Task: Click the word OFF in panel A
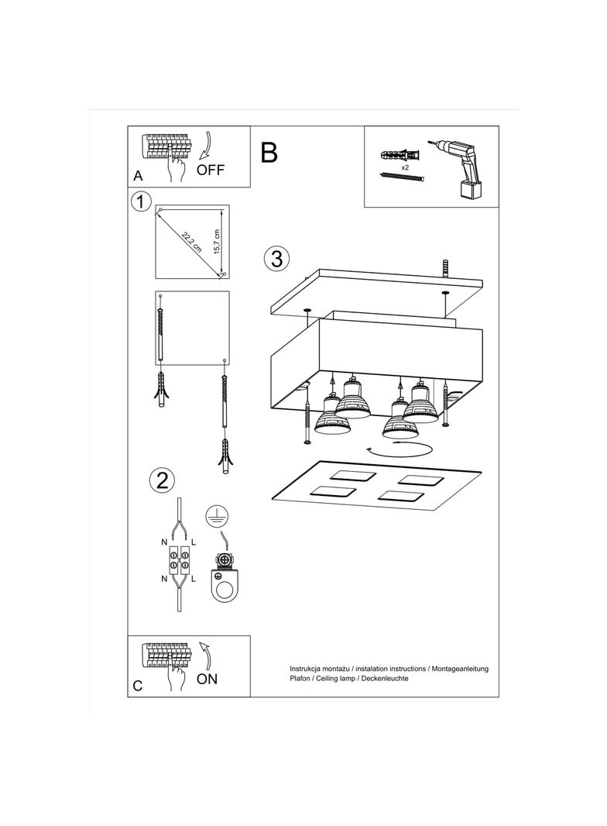pos(211,170)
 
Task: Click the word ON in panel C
pos(207,680)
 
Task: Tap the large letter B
pos(269,153)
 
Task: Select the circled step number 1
pos(140,203)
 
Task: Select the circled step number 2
pos(162,480)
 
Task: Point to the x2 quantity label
pos(405,167)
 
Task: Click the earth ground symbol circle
pos(217,517)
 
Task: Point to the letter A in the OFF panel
pos(138,175)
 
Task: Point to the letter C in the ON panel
pos(138,686)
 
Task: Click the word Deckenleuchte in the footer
pos(382,678)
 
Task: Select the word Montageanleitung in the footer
pos(460,668)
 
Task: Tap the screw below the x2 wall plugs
pos(403,178)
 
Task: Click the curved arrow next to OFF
pos(207,146)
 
